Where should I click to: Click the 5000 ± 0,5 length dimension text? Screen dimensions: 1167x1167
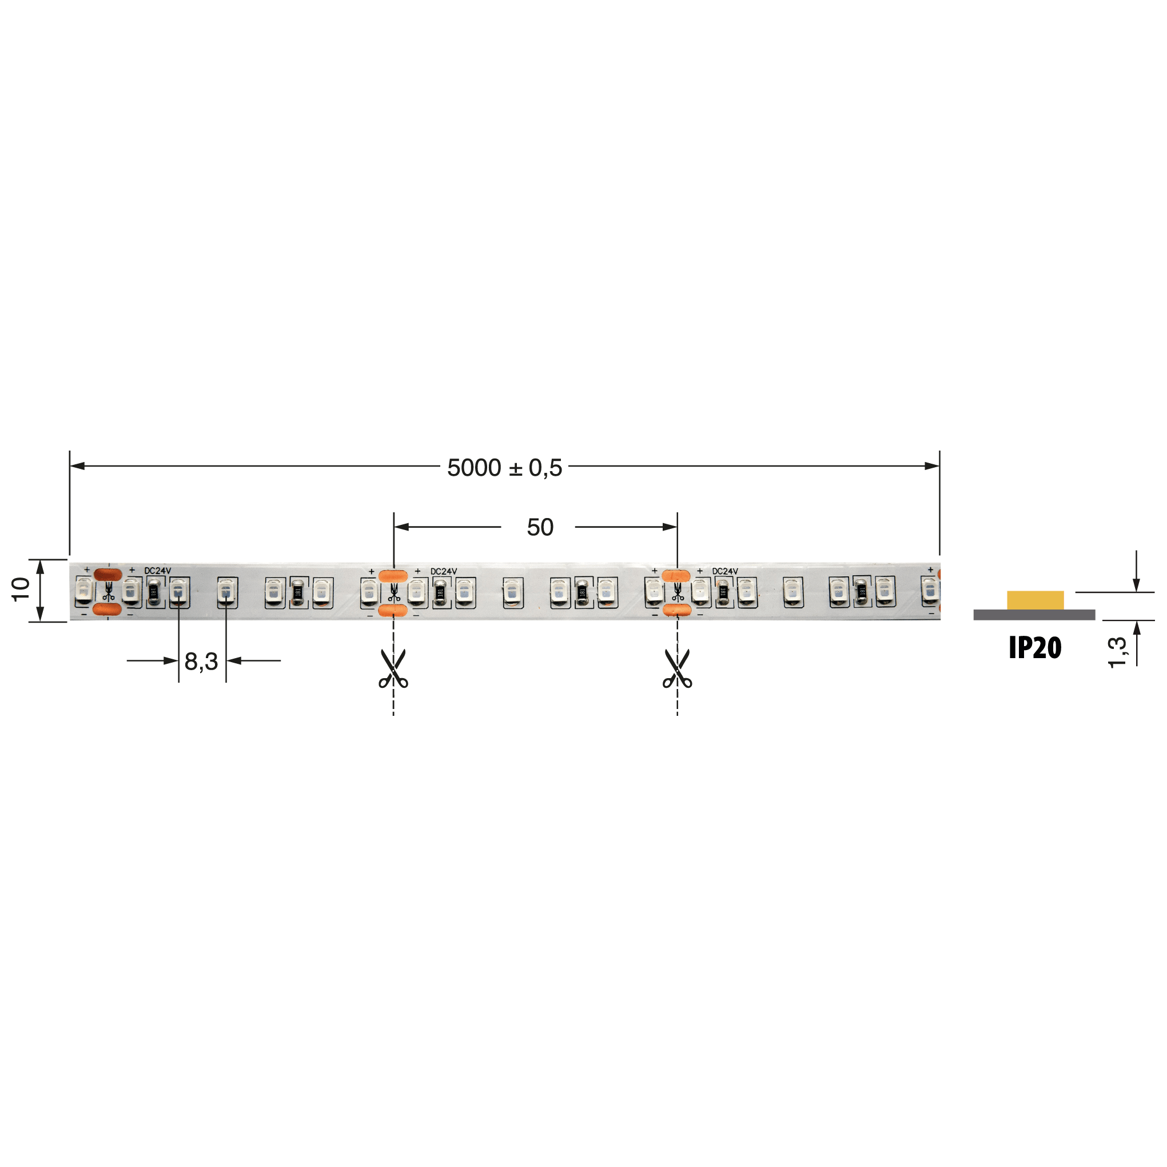coord(504,468)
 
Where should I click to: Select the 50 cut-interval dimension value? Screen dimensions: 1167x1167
coord(539,527)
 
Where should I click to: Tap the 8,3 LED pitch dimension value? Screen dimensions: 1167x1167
coord(201,662)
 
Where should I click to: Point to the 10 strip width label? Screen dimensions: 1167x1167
coord(21,589)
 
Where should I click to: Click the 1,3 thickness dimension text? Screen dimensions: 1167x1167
coord(1117,652)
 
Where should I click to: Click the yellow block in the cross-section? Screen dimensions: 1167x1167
coord(1035,600)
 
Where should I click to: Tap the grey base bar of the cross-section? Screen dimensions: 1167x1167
coord(1034,615)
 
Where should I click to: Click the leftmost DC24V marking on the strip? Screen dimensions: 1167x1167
coord(158,571)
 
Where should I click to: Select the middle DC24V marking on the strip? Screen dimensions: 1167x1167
coord(443,571)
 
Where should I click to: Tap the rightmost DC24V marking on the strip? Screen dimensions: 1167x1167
coord(725,571)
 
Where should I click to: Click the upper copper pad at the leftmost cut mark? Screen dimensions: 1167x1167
coord(108,575)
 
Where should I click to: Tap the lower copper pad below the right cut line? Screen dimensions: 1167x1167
coord(676,610)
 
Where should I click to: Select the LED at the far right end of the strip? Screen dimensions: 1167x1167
coord(930,591)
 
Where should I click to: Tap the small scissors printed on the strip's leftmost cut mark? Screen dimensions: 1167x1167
coord(108,592)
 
